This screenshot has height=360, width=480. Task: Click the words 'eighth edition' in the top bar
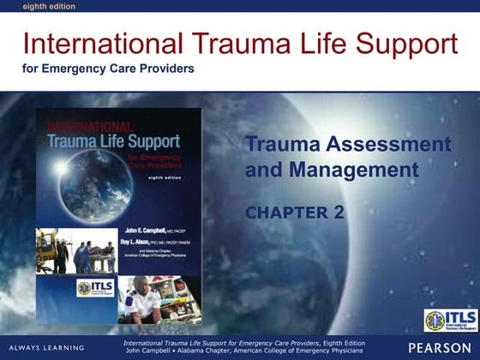pos(25,5)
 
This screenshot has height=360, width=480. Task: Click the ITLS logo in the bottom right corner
pos(451,321)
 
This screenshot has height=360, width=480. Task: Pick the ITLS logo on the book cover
pos(95,288)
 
